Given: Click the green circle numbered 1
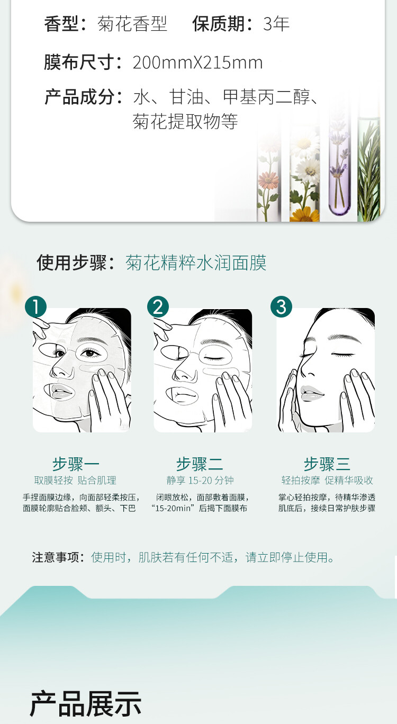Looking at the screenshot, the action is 36,306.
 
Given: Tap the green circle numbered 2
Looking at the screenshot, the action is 158,306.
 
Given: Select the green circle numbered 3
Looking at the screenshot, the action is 281,306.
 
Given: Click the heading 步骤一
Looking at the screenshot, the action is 76,464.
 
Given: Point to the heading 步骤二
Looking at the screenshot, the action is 200,464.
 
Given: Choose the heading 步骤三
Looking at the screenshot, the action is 327,464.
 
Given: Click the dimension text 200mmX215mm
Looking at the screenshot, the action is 197,62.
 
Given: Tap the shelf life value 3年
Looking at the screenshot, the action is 276,24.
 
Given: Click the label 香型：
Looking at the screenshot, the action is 66,24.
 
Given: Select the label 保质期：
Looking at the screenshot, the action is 223,24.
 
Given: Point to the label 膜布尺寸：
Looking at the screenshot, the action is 84,62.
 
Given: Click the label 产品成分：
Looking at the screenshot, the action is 84,97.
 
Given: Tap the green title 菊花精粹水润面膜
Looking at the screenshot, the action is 196,263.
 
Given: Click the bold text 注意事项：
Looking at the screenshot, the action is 58,557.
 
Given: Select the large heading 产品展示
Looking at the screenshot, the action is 86,704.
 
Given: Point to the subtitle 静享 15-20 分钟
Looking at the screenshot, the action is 200,481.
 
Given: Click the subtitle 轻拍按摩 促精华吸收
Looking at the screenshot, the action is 327,481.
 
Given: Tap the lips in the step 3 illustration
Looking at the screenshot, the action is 311,393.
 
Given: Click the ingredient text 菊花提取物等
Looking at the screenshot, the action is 185,122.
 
